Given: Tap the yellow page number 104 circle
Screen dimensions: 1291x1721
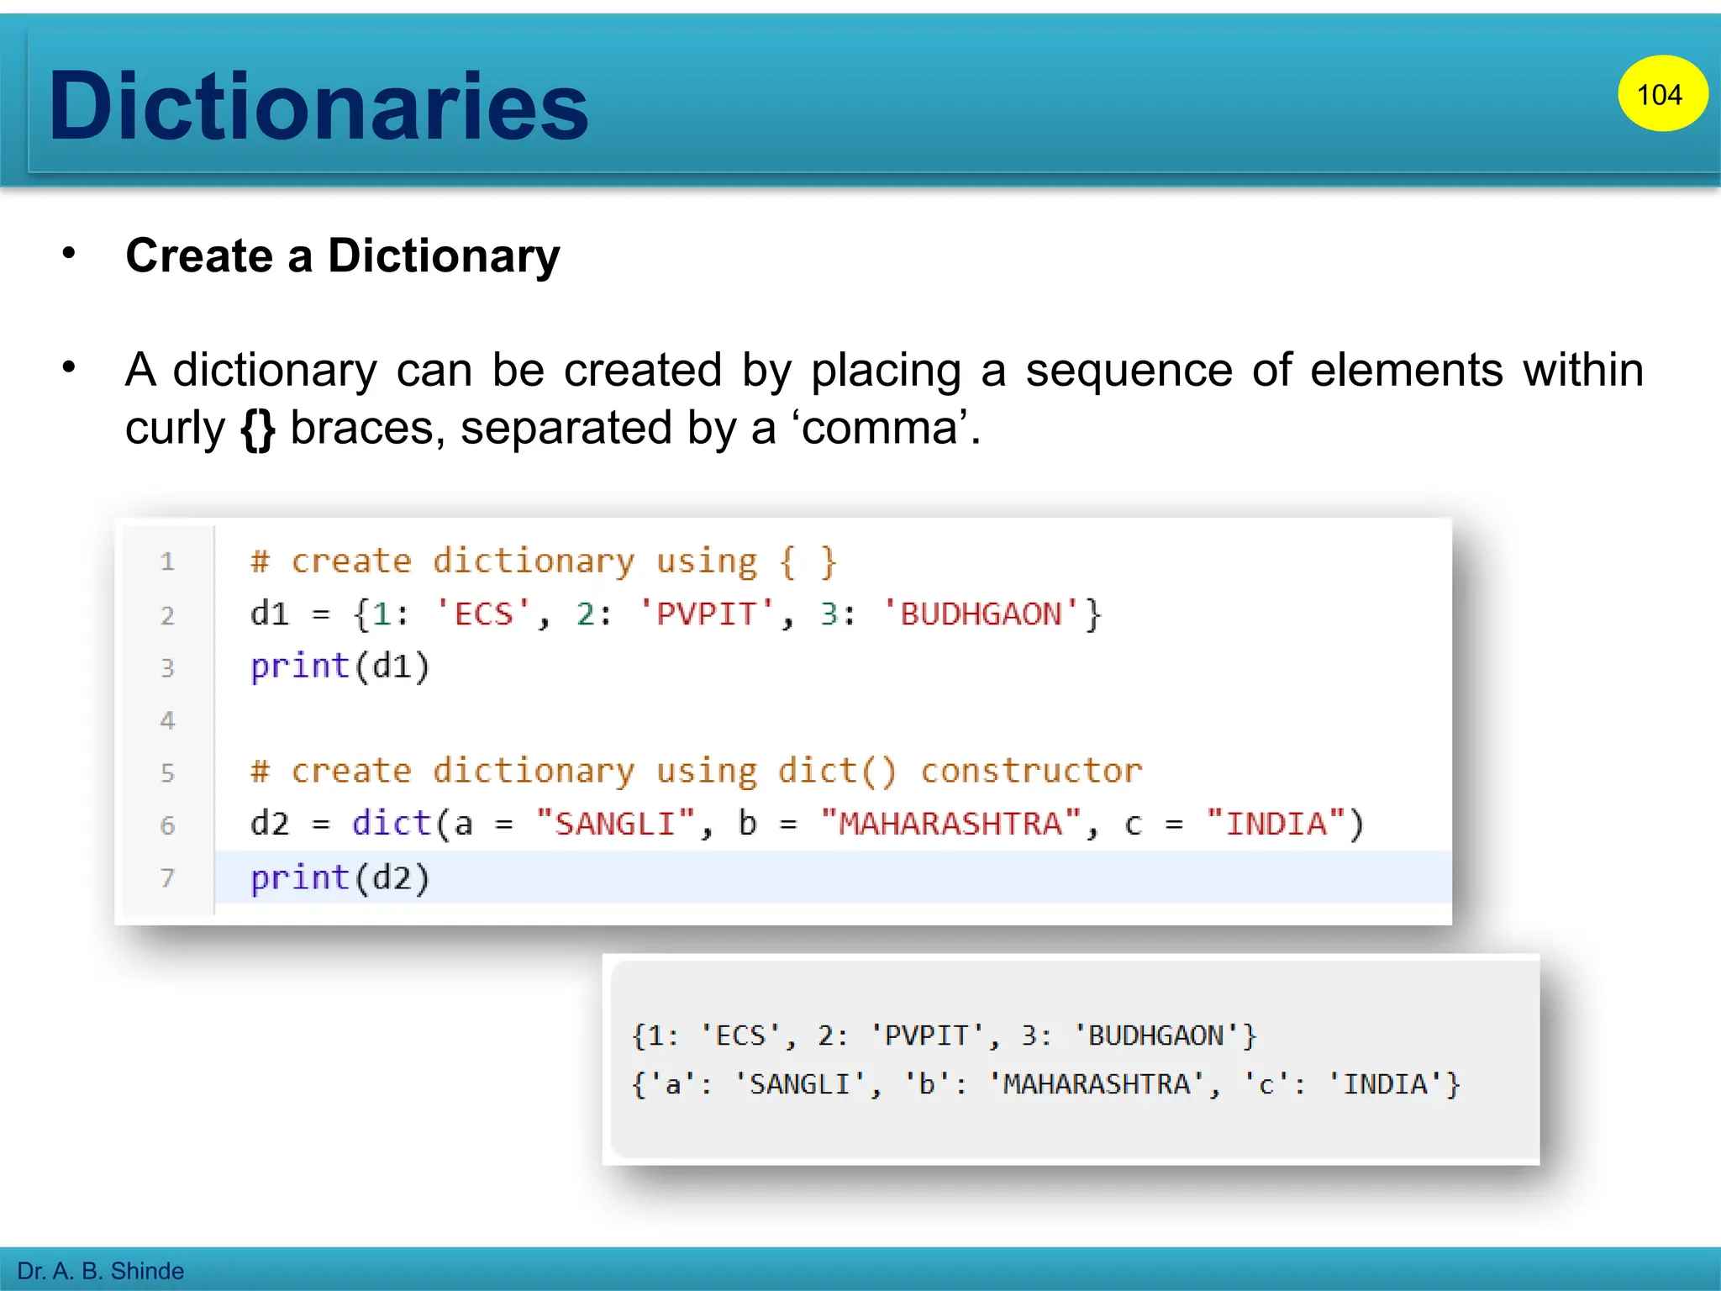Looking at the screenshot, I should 1661,94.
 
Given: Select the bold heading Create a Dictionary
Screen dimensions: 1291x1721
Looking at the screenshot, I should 342,256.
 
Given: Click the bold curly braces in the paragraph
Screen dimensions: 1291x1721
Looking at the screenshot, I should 258,429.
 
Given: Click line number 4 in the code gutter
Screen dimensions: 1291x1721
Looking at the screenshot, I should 167,720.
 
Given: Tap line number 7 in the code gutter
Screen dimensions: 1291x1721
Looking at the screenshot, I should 167,877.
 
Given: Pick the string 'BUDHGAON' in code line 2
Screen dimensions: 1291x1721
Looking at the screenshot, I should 981,614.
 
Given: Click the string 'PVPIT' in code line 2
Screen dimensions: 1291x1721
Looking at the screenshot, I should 706,614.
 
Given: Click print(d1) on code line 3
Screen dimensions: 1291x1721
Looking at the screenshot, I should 339,667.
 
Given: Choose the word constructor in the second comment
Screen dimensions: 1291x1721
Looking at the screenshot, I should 1031,771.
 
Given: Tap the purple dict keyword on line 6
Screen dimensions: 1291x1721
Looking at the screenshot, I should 391,824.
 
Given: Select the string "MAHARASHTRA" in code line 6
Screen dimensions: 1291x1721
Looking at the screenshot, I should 950,824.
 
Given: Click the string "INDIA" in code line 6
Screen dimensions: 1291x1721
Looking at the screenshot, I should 1276,824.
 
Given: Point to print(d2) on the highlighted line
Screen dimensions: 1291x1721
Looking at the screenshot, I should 339,877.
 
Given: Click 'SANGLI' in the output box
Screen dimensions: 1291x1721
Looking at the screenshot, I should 799,1084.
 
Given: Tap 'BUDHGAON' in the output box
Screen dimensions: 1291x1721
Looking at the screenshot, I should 1156,1035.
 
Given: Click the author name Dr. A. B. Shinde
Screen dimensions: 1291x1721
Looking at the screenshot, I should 100,1271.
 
